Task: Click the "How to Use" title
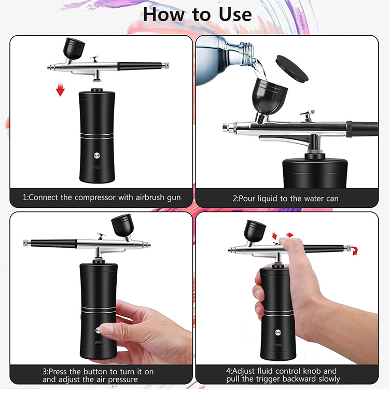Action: coord(197,14)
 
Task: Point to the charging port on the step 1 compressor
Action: coord(97,167)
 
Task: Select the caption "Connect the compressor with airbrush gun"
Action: coord(101,198)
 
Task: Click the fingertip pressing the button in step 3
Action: coord(105,329)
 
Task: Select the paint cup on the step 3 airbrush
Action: coord(123,227)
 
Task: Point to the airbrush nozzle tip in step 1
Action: coord(49,67)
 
